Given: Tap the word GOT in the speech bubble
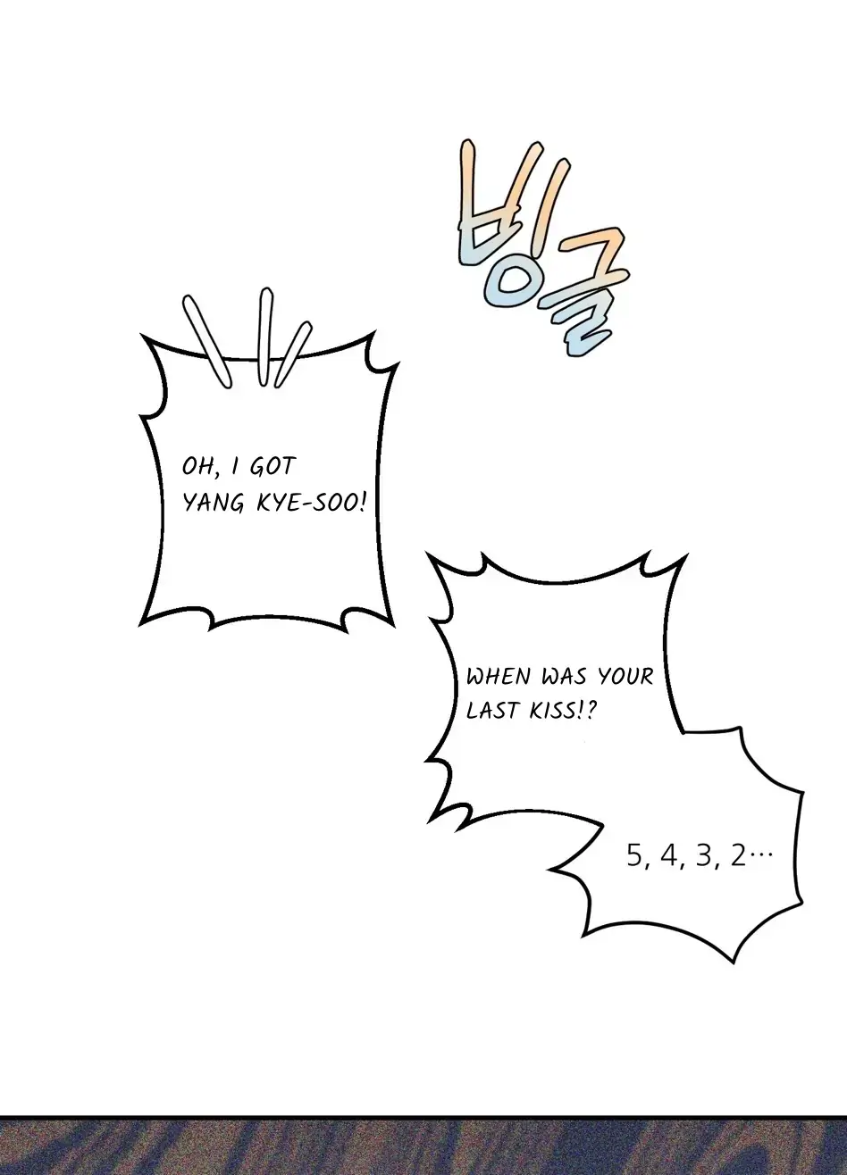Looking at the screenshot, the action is (273, 466).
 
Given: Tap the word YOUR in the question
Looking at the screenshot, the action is (626, 677).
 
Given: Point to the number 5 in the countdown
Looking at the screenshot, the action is (634, 856).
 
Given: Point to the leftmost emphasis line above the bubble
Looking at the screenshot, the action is (206, 341).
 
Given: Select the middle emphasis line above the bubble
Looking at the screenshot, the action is (266, 337).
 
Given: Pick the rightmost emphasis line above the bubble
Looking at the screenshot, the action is (293, 354).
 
